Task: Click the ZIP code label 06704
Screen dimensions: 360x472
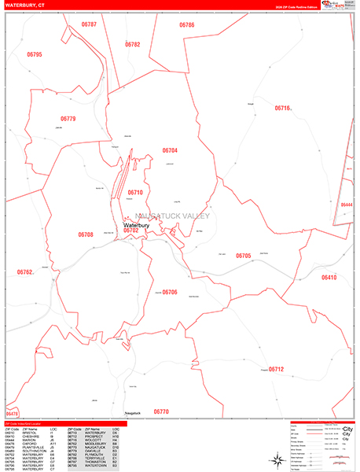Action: click(x=171, y=150)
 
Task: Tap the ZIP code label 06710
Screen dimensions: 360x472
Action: click(x=135, y=193)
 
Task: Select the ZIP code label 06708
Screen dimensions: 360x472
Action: click(x=86, y=234)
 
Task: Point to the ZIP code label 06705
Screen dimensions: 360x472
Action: click(x=243, y=256)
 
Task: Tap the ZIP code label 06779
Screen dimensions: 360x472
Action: click(x=68, y=119)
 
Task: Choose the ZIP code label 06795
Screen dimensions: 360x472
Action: click(x=35, y=54)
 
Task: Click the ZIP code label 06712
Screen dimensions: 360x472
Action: click(x=275, y=369)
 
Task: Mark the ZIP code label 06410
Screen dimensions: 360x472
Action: click(x=328, y=278)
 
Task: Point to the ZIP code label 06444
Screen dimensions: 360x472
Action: click(x=347, y=205)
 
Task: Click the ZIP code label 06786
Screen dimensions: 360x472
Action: click(x=186, y=25)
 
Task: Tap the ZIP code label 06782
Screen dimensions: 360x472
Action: click(x=132, y=45)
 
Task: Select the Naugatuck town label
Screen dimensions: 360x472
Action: click(x=131, y=412)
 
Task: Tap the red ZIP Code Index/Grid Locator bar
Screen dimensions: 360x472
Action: click(x=64, y=422)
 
